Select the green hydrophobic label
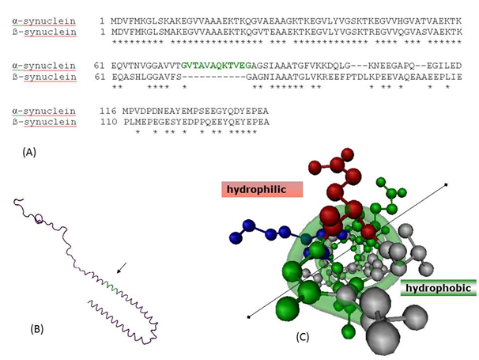(438, 289)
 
